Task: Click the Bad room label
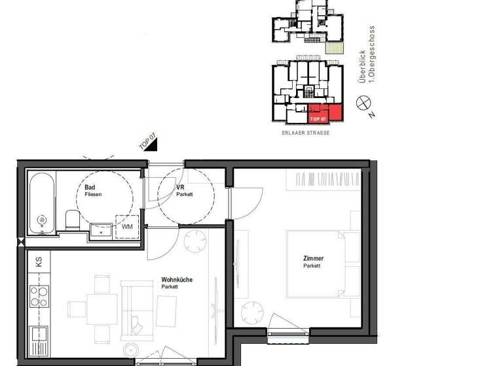[x=90, y=188]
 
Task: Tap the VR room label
[x=180, y=188]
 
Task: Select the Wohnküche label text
[x=177, y=280]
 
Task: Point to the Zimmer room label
[x=313, y=259]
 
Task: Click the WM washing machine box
[x=127, y=226]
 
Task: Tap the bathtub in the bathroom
[x=42, y=203]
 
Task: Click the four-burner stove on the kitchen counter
[x=39, y=297]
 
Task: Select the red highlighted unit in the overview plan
[x=325, y=113]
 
